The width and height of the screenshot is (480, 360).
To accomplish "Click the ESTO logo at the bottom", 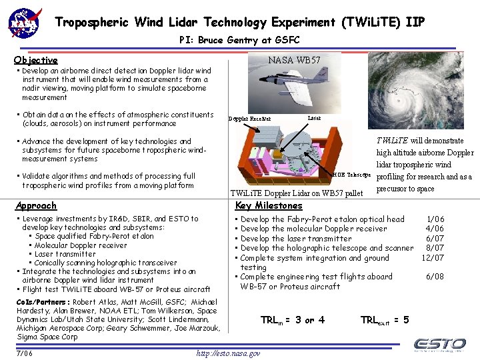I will coord(439,344).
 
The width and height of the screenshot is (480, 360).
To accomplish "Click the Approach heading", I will coord(36,206).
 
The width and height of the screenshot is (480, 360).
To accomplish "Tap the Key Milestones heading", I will coord(269,206).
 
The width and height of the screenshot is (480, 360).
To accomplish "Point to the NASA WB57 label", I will coord(294,60).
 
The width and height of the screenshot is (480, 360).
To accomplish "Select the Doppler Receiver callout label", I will coord(250,119).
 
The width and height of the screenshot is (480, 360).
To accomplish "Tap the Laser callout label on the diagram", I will coord(314,117).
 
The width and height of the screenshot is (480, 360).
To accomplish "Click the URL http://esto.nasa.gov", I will coord(228,353).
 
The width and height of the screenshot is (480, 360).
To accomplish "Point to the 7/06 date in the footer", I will coord(25,353).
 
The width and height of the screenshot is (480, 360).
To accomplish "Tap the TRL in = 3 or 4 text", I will coord(292,320).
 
